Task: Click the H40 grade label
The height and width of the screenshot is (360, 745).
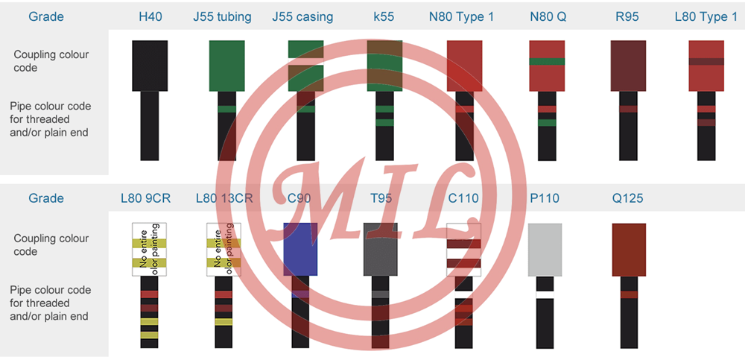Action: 150,16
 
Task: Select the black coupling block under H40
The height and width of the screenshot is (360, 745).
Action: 150,66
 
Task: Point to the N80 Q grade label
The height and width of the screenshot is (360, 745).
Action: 548,16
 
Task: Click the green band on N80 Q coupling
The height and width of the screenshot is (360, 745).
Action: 548,61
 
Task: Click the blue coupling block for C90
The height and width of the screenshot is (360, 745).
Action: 301,249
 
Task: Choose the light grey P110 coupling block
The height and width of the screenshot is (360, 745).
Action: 545,249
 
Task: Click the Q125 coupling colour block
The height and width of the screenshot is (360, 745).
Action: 629,249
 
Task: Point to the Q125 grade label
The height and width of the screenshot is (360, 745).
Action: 628,198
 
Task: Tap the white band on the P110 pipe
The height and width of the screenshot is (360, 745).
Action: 545,294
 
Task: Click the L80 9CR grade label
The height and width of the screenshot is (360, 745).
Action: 145,198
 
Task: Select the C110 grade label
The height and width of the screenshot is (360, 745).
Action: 463,198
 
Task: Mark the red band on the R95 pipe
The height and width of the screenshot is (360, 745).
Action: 628,110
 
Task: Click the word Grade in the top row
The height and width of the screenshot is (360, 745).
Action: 46,16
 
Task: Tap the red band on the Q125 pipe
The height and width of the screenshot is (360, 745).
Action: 629,294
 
